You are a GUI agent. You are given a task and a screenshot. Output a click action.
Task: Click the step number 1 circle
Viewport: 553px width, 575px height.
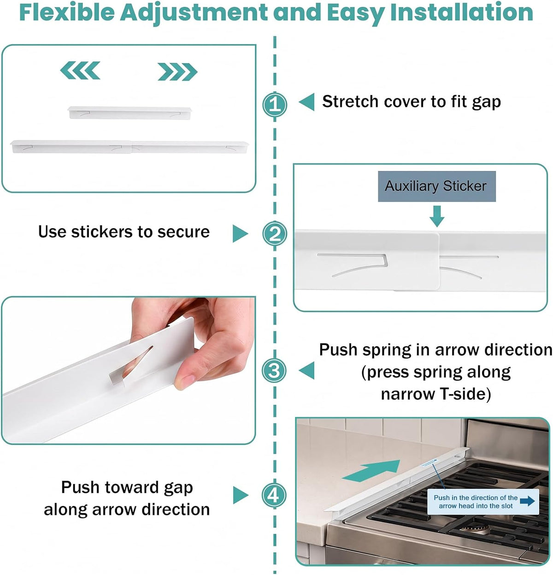click(x=275, y=104)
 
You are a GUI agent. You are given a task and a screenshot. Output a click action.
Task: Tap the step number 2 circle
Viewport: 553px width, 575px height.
click(x=275, y=233)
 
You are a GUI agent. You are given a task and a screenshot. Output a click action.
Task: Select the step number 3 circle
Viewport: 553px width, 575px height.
click(x=274, y=370)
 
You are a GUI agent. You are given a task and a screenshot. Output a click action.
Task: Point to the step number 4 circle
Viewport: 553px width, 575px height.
click(x=274, y=495)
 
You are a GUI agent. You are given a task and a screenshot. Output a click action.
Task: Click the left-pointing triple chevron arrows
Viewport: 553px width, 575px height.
click(x=80, y=71)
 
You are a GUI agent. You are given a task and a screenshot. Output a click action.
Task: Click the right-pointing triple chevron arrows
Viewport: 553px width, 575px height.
click(x=177, y=71)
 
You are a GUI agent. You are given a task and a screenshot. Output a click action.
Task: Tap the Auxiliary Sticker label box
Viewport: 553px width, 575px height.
click(x=436, y=186)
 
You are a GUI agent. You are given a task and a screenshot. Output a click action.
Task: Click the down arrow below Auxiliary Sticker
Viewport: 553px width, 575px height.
click(x=437, y=216)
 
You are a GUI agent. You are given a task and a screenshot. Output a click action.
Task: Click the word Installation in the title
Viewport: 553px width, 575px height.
click(x=461, y=12)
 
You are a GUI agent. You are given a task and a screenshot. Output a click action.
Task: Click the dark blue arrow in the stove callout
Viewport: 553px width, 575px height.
click(x=527, y=501)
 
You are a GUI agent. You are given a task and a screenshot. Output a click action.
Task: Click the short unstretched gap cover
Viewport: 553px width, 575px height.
click(x=130, y=113)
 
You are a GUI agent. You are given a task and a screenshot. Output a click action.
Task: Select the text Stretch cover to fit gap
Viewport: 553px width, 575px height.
click(x=411, y=102)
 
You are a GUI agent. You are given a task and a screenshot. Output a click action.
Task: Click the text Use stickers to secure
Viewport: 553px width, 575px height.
click(x=124, y=231)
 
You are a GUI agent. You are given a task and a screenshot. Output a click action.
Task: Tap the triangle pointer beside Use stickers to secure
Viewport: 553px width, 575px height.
click(x=240, y=233)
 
